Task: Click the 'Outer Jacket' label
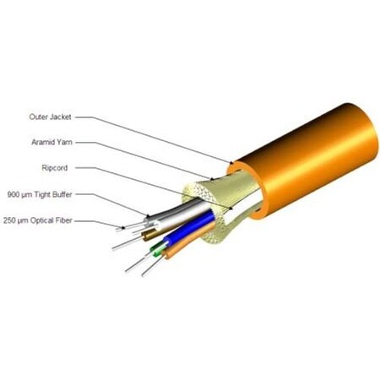[50, 117]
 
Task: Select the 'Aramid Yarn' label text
[52, 142]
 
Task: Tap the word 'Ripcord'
[55, 168]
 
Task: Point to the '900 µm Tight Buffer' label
[40, 194]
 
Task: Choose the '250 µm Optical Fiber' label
[38, 220]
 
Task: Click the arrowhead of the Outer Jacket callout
[231, 162]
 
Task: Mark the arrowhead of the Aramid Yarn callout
[212, 178]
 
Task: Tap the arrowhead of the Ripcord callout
[231, 208]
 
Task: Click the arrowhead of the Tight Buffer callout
[148, 216]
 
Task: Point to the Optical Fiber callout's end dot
[123, 227]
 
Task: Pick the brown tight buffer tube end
[149, 235]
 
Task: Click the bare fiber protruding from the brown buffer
[128, 243]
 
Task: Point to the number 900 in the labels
[13, 194]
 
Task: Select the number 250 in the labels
[9, 220]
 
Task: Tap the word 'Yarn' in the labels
[65, 142]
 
